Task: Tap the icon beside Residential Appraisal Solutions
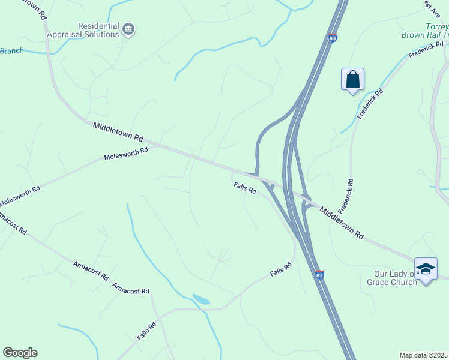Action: coord(128,29)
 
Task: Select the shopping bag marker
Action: coord(352,80)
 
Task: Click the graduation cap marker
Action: coord(426,269)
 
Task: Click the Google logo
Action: coord(20,353)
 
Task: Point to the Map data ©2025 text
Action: coord(424,355)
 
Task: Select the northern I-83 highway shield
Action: coord(333,37)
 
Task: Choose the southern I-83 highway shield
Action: coord(319,274)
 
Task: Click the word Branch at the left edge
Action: coord(11,51)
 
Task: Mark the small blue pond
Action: coord(201,299)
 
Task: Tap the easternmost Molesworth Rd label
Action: coord(126,154)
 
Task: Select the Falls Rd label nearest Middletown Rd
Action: coord(245,188)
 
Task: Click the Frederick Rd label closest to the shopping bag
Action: coord(370,104)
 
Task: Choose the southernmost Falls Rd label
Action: coord(146,331)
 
